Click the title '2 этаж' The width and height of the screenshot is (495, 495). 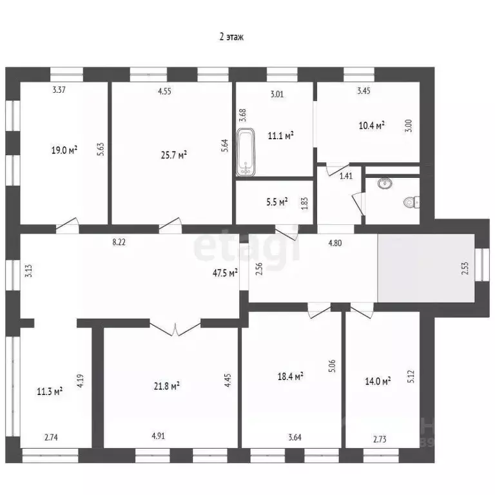click(x=231, y=37)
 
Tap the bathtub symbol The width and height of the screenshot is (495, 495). click(x=246, y=151)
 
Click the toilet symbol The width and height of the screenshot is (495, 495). click(x=412, y=202)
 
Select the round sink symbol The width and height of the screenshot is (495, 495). click(x=385, y=183)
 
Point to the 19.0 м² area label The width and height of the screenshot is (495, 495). click(x=64, y=150)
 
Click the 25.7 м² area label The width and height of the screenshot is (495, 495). click(x=174, y=155)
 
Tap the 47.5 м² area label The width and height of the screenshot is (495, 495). click(x=225, y=273)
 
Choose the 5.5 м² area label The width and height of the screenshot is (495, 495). click(x=277, y=202)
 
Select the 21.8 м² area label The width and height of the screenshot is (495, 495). click(x=167, y=386)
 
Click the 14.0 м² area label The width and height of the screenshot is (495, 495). click(x=378, y=381)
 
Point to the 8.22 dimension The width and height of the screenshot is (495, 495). click(x=119, y=242)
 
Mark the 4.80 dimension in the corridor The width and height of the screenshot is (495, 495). click(x=335, y=243)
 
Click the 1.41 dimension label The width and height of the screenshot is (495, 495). click(x=346, y=176)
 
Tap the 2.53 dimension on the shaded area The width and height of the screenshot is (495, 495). click(x=465, y=268)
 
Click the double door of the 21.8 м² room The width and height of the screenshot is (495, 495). click(x=175, y=328)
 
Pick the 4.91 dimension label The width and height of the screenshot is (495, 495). click(x=158, y=436)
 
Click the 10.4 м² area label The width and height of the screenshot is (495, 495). click(x=371, y=125)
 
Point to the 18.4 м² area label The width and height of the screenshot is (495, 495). click(x=291, y=376)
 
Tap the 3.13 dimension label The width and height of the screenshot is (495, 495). click(x=29, y=271)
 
